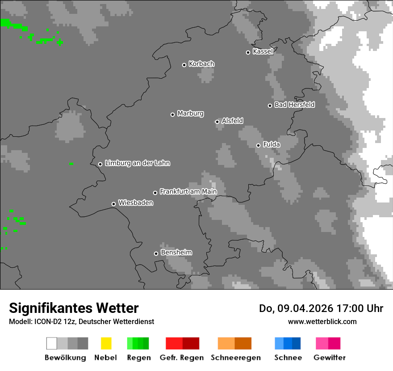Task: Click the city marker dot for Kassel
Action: [x=248, y=52]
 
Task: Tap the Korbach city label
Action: [x=201, y=64]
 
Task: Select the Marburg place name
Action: [x=190, y=114]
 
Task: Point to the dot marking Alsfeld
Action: [x=217, y=122]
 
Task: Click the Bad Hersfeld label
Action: [x=294, y=105]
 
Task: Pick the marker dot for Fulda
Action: [x=258, y=145]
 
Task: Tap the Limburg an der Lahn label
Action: [x=137, y=163]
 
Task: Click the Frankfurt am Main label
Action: [x=188, y=192]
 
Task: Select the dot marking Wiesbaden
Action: [x=113, y=204]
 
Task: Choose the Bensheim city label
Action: [x=176, y=253]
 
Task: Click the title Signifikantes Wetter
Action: [x=74, y=308]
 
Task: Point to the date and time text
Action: [x=321, y=308]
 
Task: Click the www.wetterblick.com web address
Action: [x=322, y=321]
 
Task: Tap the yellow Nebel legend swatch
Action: [x=106, y=343]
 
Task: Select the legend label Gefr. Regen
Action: [x=182, y=358]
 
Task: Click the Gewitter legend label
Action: [x=330, y=358]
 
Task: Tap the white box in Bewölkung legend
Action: [x=51, y=343]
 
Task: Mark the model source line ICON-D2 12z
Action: [x=81, y=321]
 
